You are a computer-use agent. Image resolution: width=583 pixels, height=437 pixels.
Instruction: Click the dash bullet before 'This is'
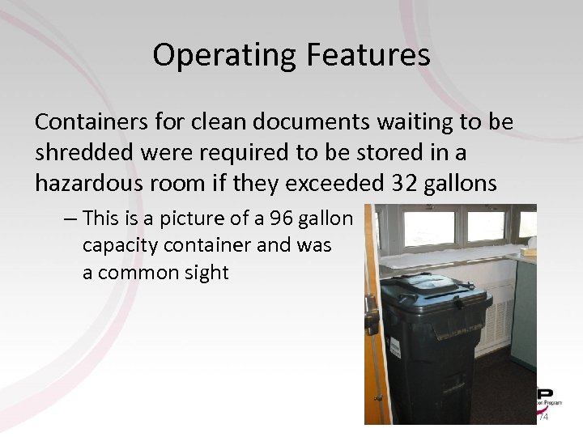70,218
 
